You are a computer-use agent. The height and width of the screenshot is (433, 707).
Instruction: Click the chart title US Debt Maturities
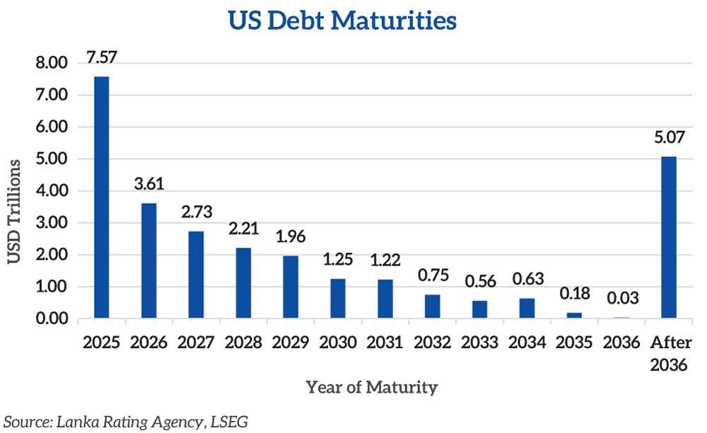(x=342, y=21)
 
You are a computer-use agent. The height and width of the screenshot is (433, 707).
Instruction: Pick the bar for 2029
(x=290, y=287)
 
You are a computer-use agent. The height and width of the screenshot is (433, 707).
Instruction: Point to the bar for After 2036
(x=668, y=237)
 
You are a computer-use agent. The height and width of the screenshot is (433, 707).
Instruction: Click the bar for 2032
(x=432, y=306)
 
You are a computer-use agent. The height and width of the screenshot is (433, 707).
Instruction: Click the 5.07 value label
(x=668, y=137)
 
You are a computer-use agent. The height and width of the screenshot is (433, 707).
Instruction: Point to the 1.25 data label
(x=337, y=260)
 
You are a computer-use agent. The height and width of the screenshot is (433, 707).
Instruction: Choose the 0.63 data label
(x=527, y=279)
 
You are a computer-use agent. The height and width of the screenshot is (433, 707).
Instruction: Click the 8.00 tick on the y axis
(x=51, y=64)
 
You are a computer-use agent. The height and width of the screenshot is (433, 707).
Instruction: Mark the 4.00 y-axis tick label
(x=51, y=191)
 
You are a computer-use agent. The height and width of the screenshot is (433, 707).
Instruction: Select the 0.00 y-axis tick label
(x=51, y=318)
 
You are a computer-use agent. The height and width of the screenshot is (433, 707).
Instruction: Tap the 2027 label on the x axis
(x=196, y=343)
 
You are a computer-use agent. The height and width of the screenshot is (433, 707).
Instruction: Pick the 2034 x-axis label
(x=527, y=343)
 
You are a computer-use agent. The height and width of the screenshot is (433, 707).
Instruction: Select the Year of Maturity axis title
(x=371, y=388)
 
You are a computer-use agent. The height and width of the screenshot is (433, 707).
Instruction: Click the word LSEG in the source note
(x=228, y=422)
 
